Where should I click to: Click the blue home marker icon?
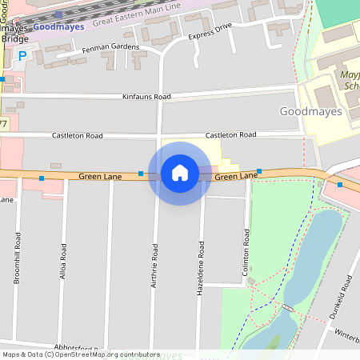coord(180,173)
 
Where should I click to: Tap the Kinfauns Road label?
coord(146,97)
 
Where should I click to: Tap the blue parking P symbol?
coord(22,55)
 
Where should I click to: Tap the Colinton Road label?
coord(246,253)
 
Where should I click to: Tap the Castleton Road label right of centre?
coord(230,134)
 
